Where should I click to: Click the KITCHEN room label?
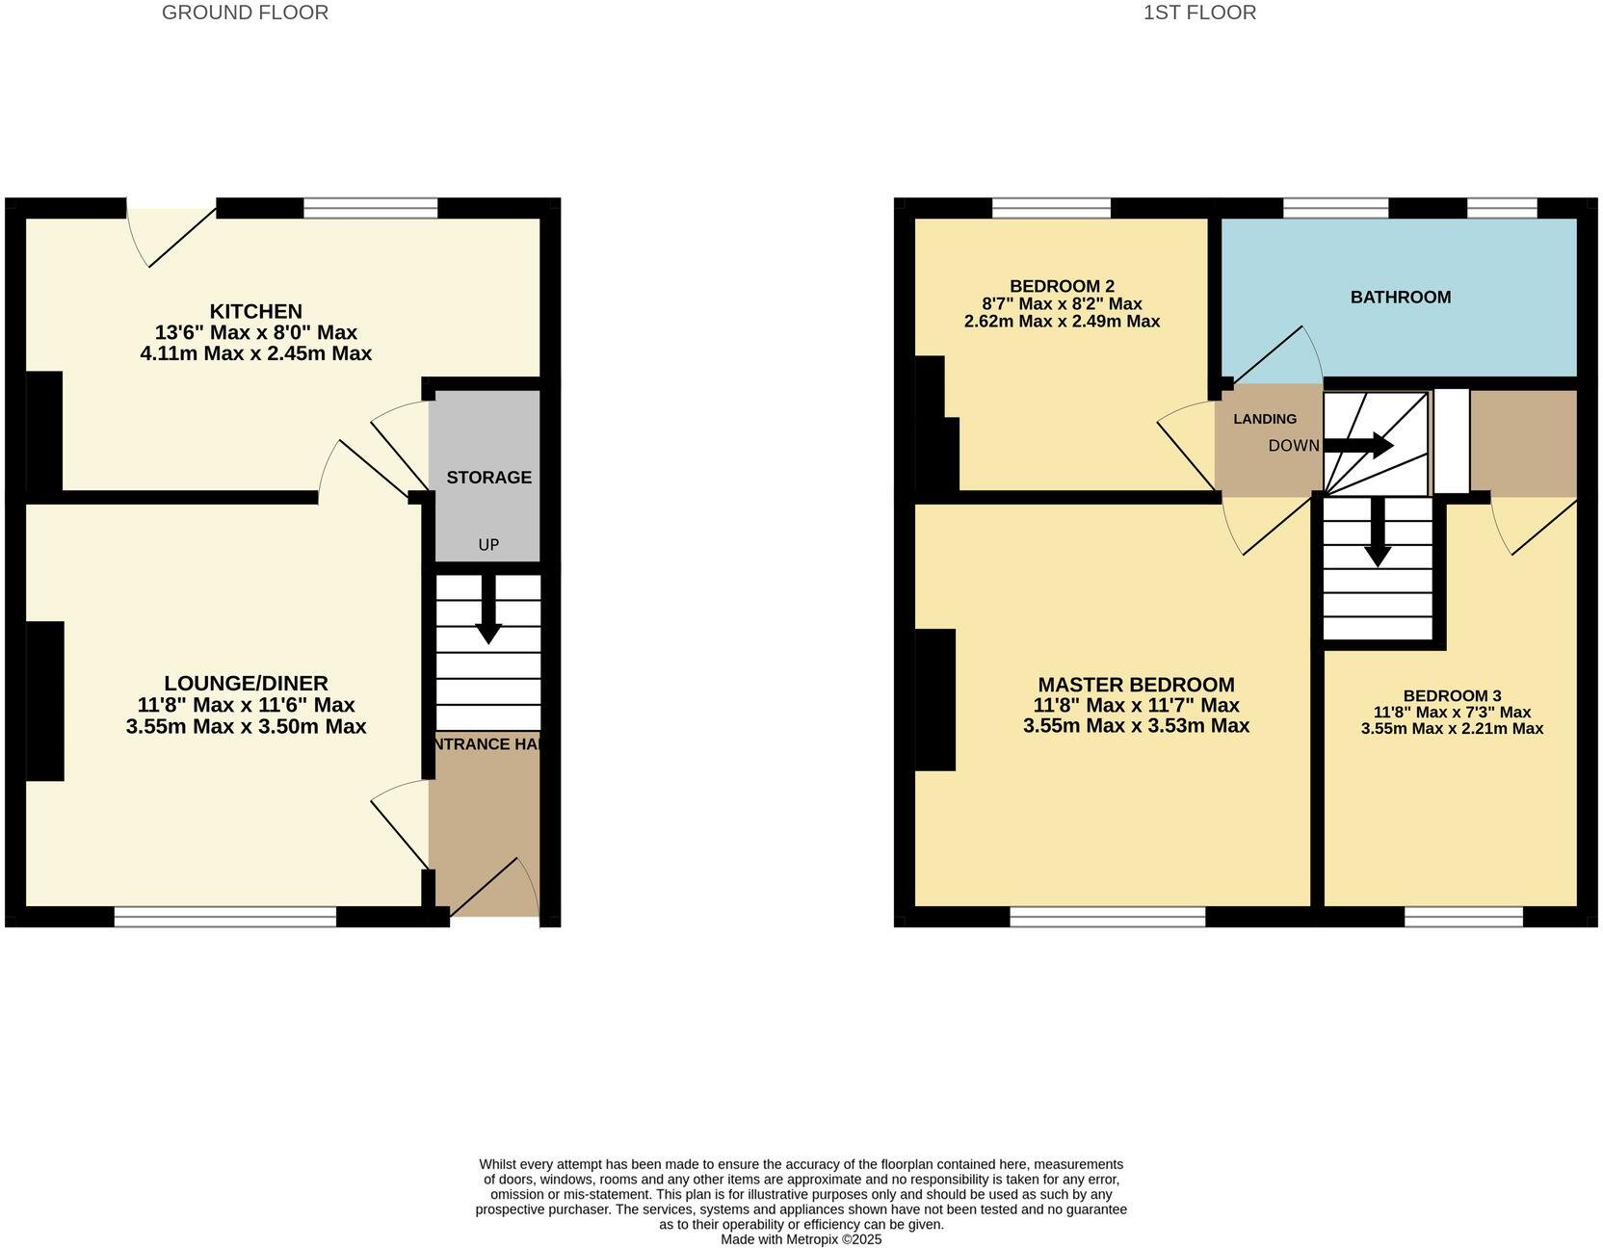coord(256,311)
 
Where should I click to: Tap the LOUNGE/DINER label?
coord(246,684)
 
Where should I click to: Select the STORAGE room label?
coord(488,478)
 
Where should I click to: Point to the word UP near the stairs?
coord(488,545)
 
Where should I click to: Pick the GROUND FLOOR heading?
coord(245,13)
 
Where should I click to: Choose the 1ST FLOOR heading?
coord(1199,13)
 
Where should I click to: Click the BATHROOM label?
coord(1400,298)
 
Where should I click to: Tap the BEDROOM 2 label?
coord(1062,286)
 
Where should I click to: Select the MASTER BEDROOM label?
coord(1136,685)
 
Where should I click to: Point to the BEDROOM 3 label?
coord(1452,695)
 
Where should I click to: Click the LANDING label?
coord(1264,419)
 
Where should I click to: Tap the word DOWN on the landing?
coord(1293,446)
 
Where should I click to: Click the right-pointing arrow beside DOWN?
coord(1359,446)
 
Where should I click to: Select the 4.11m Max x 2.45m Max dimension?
coord(255,353)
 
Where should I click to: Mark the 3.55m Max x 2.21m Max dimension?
coord(1452,729)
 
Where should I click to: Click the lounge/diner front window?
coord(225,917)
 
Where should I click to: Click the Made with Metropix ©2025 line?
coord(801,1239)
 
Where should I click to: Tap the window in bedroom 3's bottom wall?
coord(1463,917)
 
